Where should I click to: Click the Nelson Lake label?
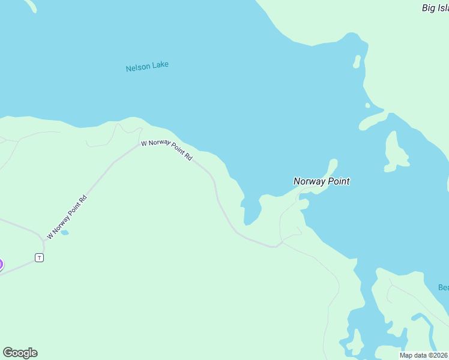coord(147,66)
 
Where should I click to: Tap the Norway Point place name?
coord(321,181)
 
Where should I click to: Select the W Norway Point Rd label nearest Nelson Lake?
coord(166,150)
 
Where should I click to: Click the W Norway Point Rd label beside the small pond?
coord(67,217)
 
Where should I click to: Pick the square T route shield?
coord(39,257)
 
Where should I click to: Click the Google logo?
coord(20,353)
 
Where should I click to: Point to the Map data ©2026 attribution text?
coord(424,355)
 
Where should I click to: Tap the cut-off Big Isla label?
coord(435,8)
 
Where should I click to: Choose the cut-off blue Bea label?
coord(443,287)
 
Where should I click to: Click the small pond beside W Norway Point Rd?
coord(64,232)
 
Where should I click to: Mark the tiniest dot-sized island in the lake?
coord(367,106)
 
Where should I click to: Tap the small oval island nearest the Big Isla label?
coord(357,61)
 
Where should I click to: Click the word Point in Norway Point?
coord(338,181)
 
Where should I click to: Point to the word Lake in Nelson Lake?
coord(160,64)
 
